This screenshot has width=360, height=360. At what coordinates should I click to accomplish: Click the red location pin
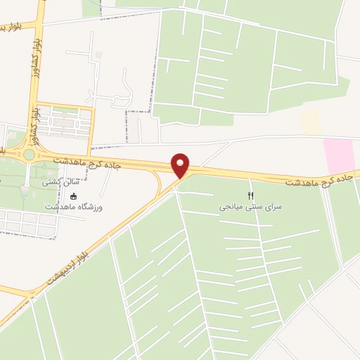pos(181,165)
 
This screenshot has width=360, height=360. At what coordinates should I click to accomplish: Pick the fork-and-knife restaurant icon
pos(250,195)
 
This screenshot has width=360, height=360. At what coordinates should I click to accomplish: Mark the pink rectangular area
pos(339,155)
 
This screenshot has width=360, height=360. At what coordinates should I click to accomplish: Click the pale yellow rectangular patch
pos(309,121)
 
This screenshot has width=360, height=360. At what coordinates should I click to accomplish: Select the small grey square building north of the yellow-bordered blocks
pos(98,55)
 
